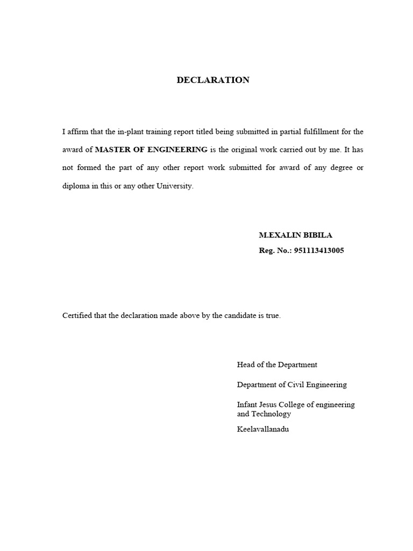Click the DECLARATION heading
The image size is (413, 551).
[x=213, y=80]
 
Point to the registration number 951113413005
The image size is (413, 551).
[x=319, y=251]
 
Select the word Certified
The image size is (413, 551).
[x=77, y=315]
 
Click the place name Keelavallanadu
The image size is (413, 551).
[x=263, y=429]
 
